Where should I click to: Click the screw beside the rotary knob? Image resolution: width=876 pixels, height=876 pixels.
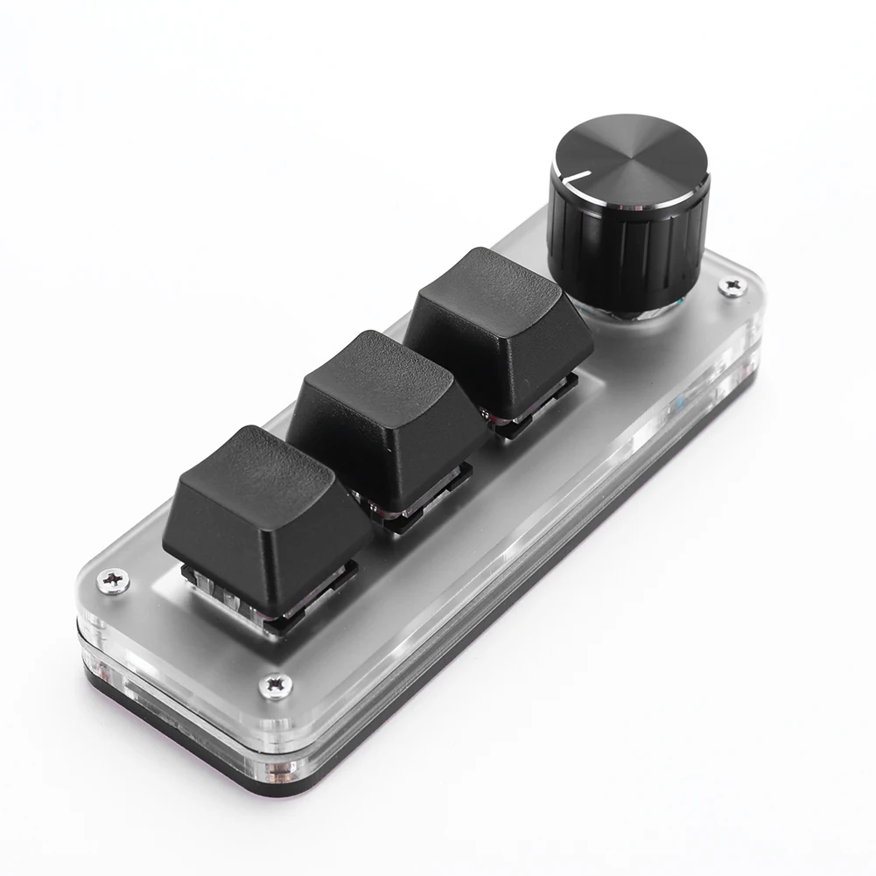pos(730,285)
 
